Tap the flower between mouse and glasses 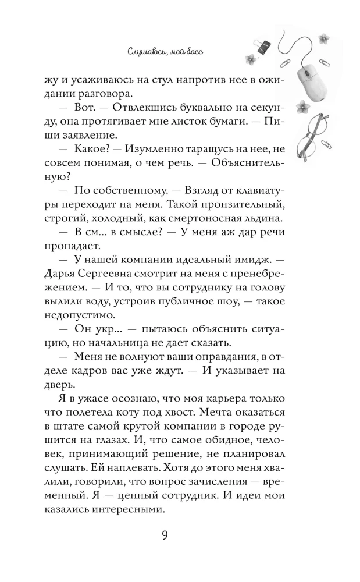(x=303, y=106)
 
